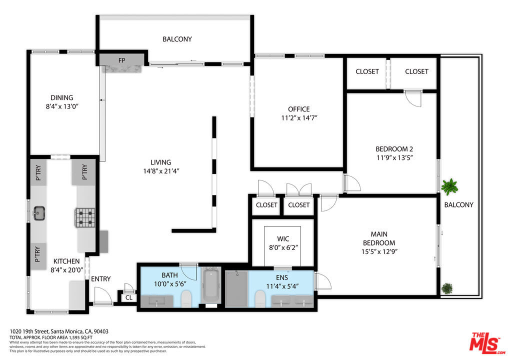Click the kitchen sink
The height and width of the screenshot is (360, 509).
coord(38,213)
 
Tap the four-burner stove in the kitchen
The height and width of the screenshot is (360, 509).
coord(85,217)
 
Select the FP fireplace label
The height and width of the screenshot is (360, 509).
coord(121,60)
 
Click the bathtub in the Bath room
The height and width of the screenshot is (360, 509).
coord(211,285)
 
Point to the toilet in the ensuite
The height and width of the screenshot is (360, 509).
coord(259,298)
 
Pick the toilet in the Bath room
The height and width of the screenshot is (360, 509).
coord(186,298)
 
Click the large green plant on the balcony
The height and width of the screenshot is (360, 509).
coord(449,186)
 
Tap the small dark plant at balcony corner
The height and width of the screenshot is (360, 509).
coord(447,288)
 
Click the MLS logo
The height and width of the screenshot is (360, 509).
coord(487,343)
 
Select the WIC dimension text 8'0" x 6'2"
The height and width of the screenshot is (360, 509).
coord(283,247)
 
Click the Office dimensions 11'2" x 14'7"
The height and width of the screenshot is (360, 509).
coord(299,118)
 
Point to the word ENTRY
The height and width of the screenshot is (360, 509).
coord(100,279)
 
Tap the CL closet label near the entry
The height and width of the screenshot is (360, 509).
coord(129,297)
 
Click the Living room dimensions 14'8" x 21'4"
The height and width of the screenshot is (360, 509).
coord(161,171)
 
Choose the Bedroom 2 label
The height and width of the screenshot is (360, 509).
coord(394,149)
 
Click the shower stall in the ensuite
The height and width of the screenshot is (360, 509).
coord(236,288)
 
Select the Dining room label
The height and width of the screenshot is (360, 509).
coord(61,97)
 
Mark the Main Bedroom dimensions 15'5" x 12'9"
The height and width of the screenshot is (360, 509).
coord(379,251)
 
